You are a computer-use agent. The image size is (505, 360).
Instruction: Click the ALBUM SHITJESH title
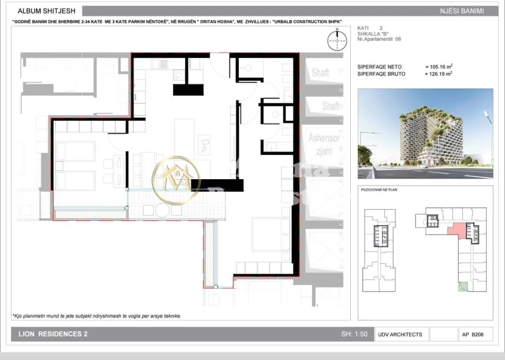(x=46, y=11)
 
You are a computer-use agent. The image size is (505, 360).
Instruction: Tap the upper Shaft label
(x=320, y=73)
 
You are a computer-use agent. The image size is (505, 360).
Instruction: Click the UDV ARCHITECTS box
(x=400, y=334)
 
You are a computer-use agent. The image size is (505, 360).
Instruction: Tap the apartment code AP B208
(x=474, y=334)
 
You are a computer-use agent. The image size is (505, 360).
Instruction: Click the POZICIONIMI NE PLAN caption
(x=379, y=189)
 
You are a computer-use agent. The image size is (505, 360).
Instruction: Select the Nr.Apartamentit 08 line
(x=380, y=39)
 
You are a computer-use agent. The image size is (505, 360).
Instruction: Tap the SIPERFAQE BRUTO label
(x=381, y=74)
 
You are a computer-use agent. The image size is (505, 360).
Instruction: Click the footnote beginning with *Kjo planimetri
(x=97, y=316)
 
